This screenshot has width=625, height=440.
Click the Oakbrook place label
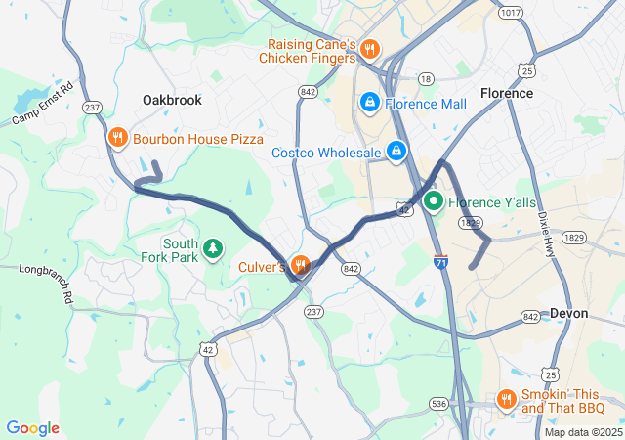172,100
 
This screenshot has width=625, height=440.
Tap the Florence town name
507,93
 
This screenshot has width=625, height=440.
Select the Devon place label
568,313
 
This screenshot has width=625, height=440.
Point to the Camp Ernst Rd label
42,104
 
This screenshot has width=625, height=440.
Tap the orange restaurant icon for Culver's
300,264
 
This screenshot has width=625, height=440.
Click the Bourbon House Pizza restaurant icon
117,139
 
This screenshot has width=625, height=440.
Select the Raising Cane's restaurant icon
369,49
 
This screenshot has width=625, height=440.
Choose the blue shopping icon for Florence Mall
370,102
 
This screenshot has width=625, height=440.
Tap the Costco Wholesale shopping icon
396,152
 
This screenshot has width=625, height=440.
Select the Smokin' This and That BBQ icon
506,398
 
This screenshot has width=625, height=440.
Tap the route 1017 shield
509,12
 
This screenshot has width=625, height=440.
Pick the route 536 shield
438,402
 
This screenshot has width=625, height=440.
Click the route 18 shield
425,78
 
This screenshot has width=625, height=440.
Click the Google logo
32,428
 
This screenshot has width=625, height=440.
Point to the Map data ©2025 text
582,432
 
